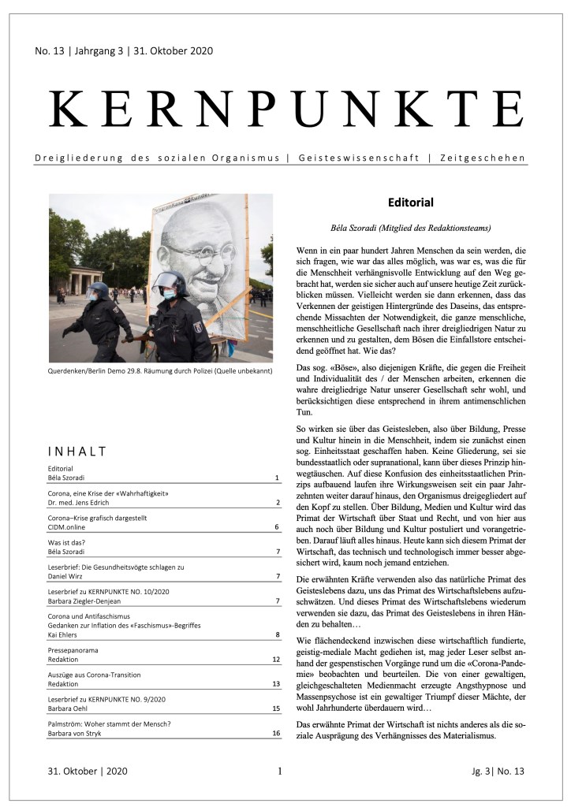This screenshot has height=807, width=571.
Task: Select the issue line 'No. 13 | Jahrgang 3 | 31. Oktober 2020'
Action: (x=124, y=51)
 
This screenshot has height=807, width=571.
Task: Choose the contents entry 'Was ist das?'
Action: (x=69, y=543)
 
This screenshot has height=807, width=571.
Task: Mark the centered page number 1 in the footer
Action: (x=280, y=771)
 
